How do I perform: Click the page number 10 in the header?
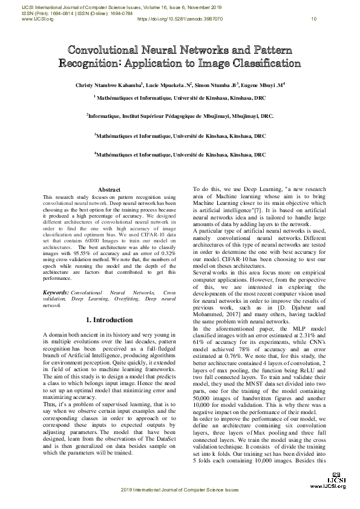pyautogui.click(x=313, y=19)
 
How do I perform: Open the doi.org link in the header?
pyautogui.click(x=180, y=19)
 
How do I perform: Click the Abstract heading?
pyautogui.click(x=109, y=190)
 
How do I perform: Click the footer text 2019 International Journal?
pyautogui.click(x=180, y=505)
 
